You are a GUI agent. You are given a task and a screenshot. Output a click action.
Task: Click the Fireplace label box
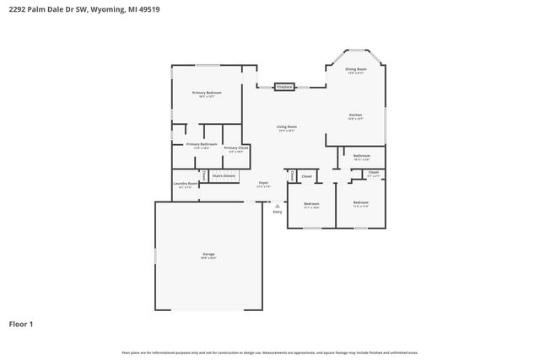(x=283, y=87)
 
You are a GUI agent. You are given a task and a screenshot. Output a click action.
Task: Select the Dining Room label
(x=356, y=70)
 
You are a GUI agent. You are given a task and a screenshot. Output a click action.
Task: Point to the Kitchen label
(x=356, y=116)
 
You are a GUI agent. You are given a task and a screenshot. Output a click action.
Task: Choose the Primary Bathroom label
(x=202, y=145)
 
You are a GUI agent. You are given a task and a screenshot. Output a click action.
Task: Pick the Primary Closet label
(x=236, y=149)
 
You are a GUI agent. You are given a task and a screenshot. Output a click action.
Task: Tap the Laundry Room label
(x=186, y=184)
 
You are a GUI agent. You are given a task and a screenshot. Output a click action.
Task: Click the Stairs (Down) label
(x=224, y=175)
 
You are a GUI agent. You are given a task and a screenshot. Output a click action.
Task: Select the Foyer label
(x=263, y=184)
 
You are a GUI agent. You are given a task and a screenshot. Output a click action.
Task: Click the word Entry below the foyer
(x=277, y=212)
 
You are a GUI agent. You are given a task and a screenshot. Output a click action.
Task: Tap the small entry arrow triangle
(x=277, y=203)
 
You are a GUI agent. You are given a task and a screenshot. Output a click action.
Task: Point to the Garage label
(x=208, y=255)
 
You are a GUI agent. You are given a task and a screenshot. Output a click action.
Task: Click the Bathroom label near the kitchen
(x=362, y=157)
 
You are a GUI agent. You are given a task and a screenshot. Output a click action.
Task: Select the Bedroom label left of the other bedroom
(x=311, y=204)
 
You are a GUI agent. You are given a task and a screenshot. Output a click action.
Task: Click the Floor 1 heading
(x=21, y=324)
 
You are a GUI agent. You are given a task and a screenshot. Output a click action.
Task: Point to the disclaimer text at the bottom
(x=269, y=352)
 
